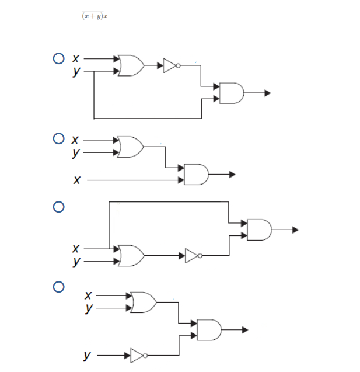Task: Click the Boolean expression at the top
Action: pyautogui.click(x=96, y=15)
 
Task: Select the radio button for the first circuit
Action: pyautogui.click(x=58, y=58)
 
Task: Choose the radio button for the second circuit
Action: pyautogui.click(x=58, y=139)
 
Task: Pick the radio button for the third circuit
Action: pyautogui.click(x=58, y=207)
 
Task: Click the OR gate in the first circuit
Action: pyautogui.click(x=131, y=65)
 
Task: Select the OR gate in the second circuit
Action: pyautogui.click(x=131, y=147)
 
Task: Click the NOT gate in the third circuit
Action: pyautogui.click(x=193, y=255)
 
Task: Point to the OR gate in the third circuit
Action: pyautogui.click(x=131, y=255)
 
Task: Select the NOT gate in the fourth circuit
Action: pyautogui.click(x=138, y=355)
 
